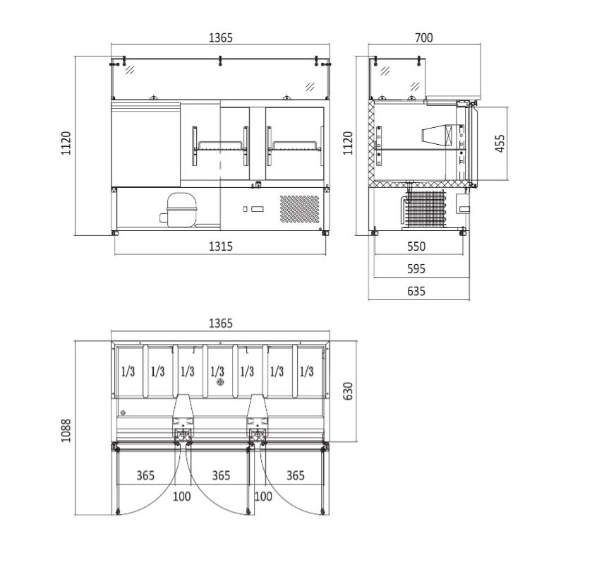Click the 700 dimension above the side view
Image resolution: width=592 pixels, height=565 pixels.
[x=423, y=38]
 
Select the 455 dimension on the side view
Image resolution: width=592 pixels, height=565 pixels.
[x=500, y=143]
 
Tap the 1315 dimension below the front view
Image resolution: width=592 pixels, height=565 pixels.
[x=220, y=246]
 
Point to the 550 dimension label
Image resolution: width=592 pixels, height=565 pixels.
[x=416, y=246]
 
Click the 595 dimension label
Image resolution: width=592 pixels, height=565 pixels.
[x=416, y=268]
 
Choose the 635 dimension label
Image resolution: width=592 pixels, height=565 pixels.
[x=416, y=291]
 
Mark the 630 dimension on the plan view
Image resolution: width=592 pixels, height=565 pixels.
[x=348, y=391]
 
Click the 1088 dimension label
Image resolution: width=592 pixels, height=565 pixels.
[x=66, y=430]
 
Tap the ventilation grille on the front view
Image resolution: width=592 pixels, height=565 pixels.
[x=300, y=209]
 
